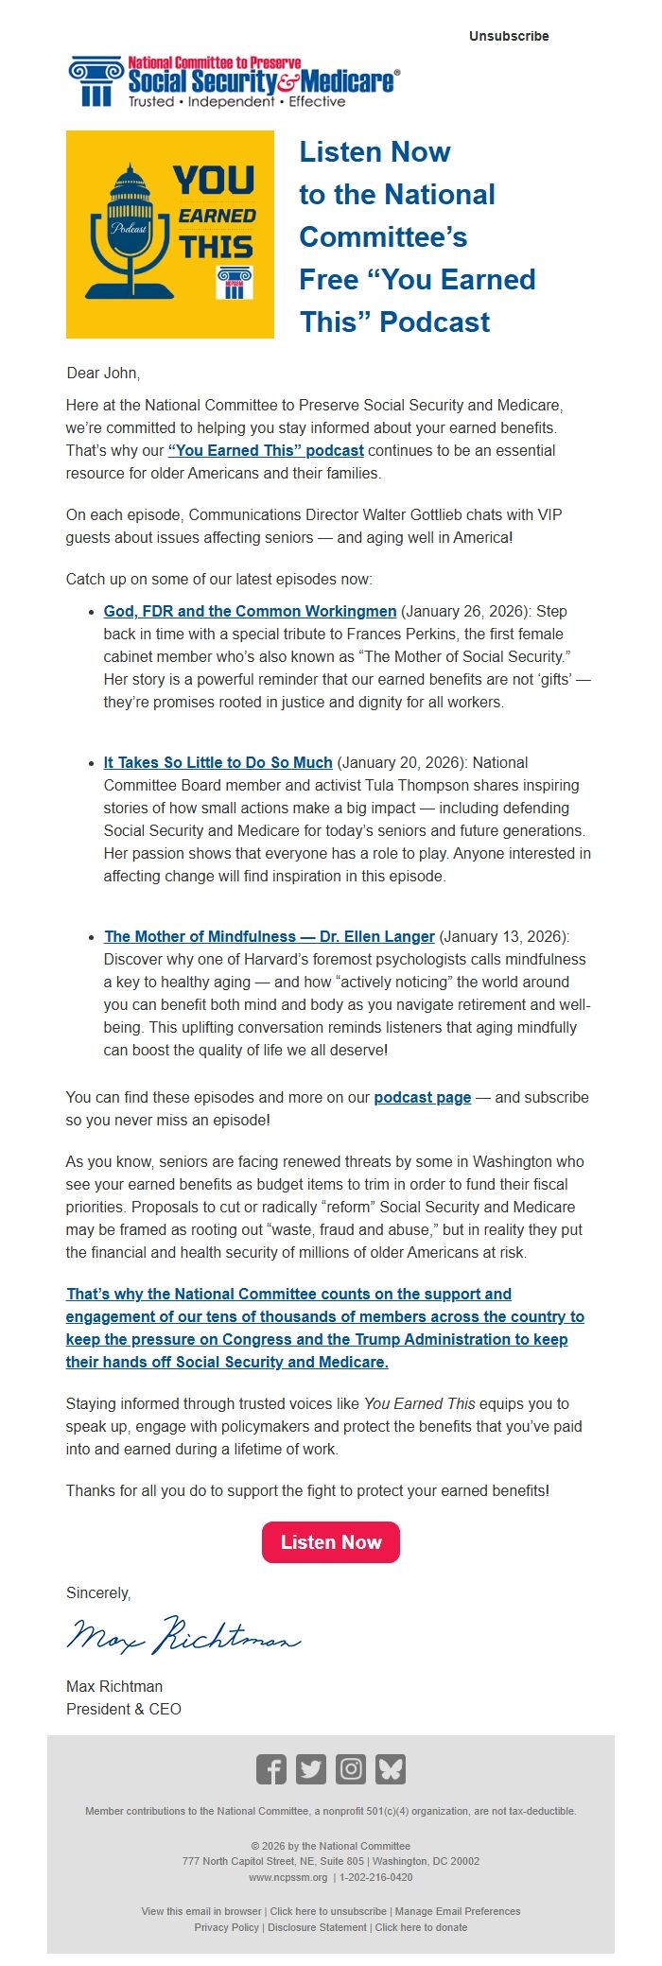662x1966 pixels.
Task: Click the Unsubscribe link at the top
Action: pyautogui.click(x=509, y=36)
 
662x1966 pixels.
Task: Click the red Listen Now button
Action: pyautogui.click(x=331, y=1542)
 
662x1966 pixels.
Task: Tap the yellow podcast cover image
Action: pyautogui.click(x=170, y=235)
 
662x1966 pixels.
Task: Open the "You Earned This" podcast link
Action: pyautogui.click(x=266, y=450)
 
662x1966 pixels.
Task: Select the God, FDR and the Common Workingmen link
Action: pyautogui.click(x=250, y=611)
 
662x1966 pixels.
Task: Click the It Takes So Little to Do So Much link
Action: pyautogui.click(x=218, y=762)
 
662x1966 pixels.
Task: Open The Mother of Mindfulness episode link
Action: pyautogui.click(x=270, y=936)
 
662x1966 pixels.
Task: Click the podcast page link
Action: pyautogui.click(x=422, y=1097)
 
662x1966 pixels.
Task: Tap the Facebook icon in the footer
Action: pyautogui.click(x=271, y=1768)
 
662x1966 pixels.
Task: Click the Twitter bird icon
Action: pyautogui.click(x=311, y=1768)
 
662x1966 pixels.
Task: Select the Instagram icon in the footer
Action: pyautogui.click(x=351, y=1768)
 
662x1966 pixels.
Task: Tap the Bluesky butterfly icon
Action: pyautogui.click(x=391, y=1768)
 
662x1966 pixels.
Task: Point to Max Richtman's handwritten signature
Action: pyautogui.click(x=183, y=1636)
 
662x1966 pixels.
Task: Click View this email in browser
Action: pyautogui.click(x=201, y=1911)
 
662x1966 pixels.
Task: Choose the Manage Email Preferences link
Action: pyautogui.click(x=458, y=1911)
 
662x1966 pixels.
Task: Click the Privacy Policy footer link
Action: pyautogui.click(x=227, y=1927)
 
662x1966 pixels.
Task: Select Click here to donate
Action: pyautogui.click(x=421, y=1927)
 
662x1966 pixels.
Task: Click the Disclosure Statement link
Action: pyautogui.click(x=317, y=1927)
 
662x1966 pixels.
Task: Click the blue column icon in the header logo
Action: pyautogui.click(x=96, y=81)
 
